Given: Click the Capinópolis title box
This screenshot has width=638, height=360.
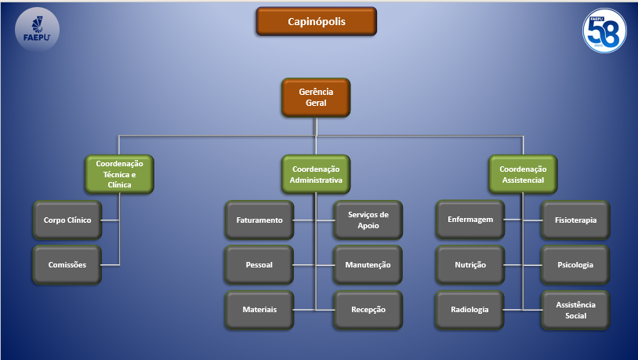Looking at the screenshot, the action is [316, 21].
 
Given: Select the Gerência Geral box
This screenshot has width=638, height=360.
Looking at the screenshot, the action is [316, 98].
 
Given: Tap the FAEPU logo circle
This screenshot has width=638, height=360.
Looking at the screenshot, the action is [37, 29].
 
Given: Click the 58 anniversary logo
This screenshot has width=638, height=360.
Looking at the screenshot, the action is [604, 31].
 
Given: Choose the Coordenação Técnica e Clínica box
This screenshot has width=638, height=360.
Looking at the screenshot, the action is [119, 174].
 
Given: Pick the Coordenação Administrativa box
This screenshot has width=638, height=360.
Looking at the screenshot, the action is [316, 174].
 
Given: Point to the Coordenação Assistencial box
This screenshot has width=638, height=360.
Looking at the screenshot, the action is [523, 174].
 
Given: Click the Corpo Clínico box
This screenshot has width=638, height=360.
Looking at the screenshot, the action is [67, 220].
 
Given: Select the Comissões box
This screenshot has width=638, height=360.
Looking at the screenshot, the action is [67, 265].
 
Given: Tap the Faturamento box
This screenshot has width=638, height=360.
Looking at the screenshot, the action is [259, 220].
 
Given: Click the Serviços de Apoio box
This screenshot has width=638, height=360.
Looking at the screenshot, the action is [368, 220].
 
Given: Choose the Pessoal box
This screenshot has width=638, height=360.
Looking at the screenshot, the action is [259, 265].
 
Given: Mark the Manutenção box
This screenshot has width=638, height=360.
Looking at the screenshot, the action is [368, 265].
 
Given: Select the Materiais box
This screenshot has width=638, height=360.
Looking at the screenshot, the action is [259, 310].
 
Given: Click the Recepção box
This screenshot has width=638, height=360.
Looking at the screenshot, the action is [368, 310].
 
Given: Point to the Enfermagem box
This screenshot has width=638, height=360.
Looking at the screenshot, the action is [470, 220].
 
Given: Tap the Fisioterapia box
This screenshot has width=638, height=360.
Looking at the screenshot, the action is [575, 220].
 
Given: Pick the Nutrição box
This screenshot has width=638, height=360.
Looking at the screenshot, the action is [470, 265].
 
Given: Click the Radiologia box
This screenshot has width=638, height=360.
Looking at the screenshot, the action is [469, 310].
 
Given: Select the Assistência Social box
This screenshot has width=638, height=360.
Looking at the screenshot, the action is [575, 310].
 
